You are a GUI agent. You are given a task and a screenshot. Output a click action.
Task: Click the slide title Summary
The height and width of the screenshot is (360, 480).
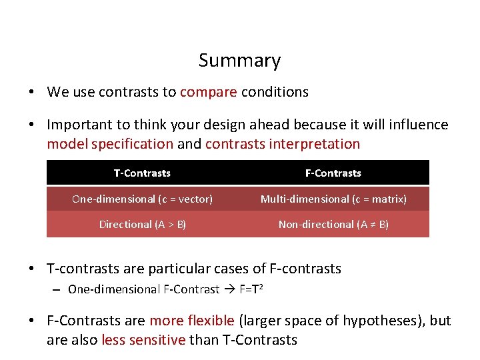(x=239, y=61)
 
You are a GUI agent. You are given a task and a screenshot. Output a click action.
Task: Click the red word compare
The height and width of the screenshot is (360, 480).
(x=208, y=92)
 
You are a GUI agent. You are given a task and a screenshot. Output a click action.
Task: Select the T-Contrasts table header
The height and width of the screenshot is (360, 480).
(x=142, y=173)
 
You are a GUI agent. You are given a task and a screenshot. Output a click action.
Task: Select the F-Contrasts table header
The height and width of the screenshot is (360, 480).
(x=333, y=173)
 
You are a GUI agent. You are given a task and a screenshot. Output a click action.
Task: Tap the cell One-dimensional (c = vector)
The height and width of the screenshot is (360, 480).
(x=142, y=199)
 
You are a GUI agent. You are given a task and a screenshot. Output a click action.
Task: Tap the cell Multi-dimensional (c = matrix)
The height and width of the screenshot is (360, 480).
(x=333, y=199)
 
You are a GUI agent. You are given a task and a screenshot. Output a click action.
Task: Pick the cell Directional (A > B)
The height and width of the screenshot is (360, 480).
(x=142, y=224)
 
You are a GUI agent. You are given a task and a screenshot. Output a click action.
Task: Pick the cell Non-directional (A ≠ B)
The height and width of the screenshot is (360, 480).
(x=333, y=224)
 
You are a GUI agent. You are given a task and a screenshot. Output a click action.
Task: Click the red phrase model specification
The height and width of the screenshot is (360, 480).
(x=110, y=143)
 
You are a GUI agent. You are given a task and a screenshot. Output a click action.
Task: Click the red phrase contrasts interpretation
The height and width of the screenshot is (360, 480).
(x=282, y=143)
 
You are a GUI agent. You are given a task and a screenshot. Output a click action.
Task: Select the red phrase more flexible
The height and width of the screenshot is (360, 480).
(x=192, y=321)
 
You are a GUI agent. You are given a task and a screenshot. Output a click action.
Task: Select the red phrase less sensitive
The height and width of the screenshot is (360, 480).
(x=143, y=340)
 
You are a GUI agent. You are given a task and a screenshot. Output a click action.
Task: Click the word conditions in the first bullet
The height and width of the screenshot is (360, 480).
(x=275, y=92)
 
